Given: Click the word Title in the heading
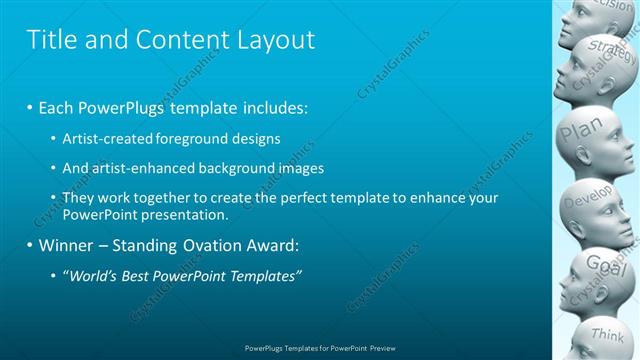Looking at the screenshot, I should pyautogui.click(x=50, y=39).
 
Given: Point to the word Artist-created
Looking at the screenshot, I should pyautogui.click(x=105, y=138).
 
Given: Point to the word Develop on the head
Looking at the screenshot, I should pyautogui.click(x=588, y=199).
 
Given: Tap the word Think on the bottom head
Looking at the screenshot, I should pyautogui.click(x=607, y=333).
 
